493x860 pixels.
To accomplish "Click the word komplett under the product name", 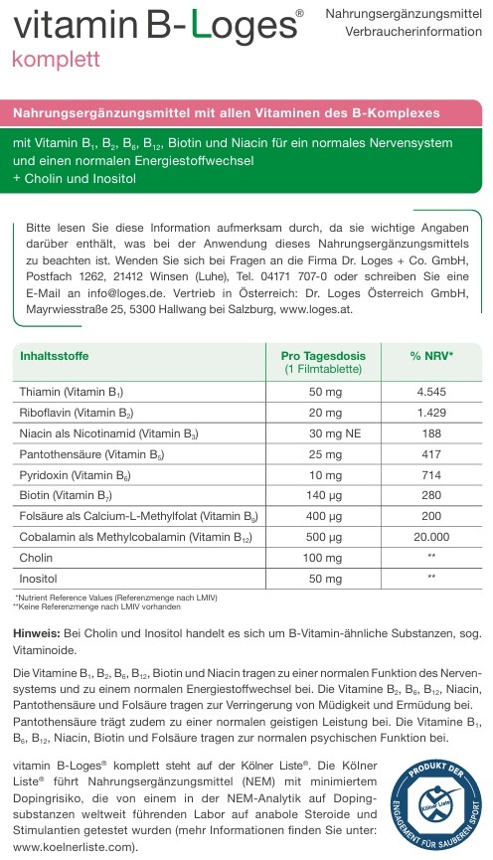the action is pyautogui.click(x=56, y=58).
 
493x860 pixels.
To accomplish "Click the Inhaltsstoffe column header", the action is pyautogui.click(x=54, y=355).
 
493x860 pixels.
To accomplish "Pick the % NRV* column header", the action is pyautogui.click(x=431, y=355).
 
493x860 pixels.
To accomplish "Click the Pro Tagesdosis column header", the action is pyautogui.click(x=317, y=355).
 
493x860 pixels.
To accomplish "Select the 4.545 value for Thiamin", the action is pyautogui.click(x=431, y=392).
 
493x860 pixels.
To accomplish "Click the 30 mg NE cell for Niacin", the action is pyautogui.click(x=325, y=433).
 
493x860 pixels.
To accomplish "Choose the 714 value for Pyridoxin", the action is pyautogui.click(x=431, y=475).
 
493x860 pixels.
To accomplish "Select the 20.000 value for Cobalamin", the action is pyautogui.click(x=431, y=537).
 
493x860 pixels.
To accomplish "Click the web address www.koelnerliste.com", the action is pyautogui.click(x=71, y=847).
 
